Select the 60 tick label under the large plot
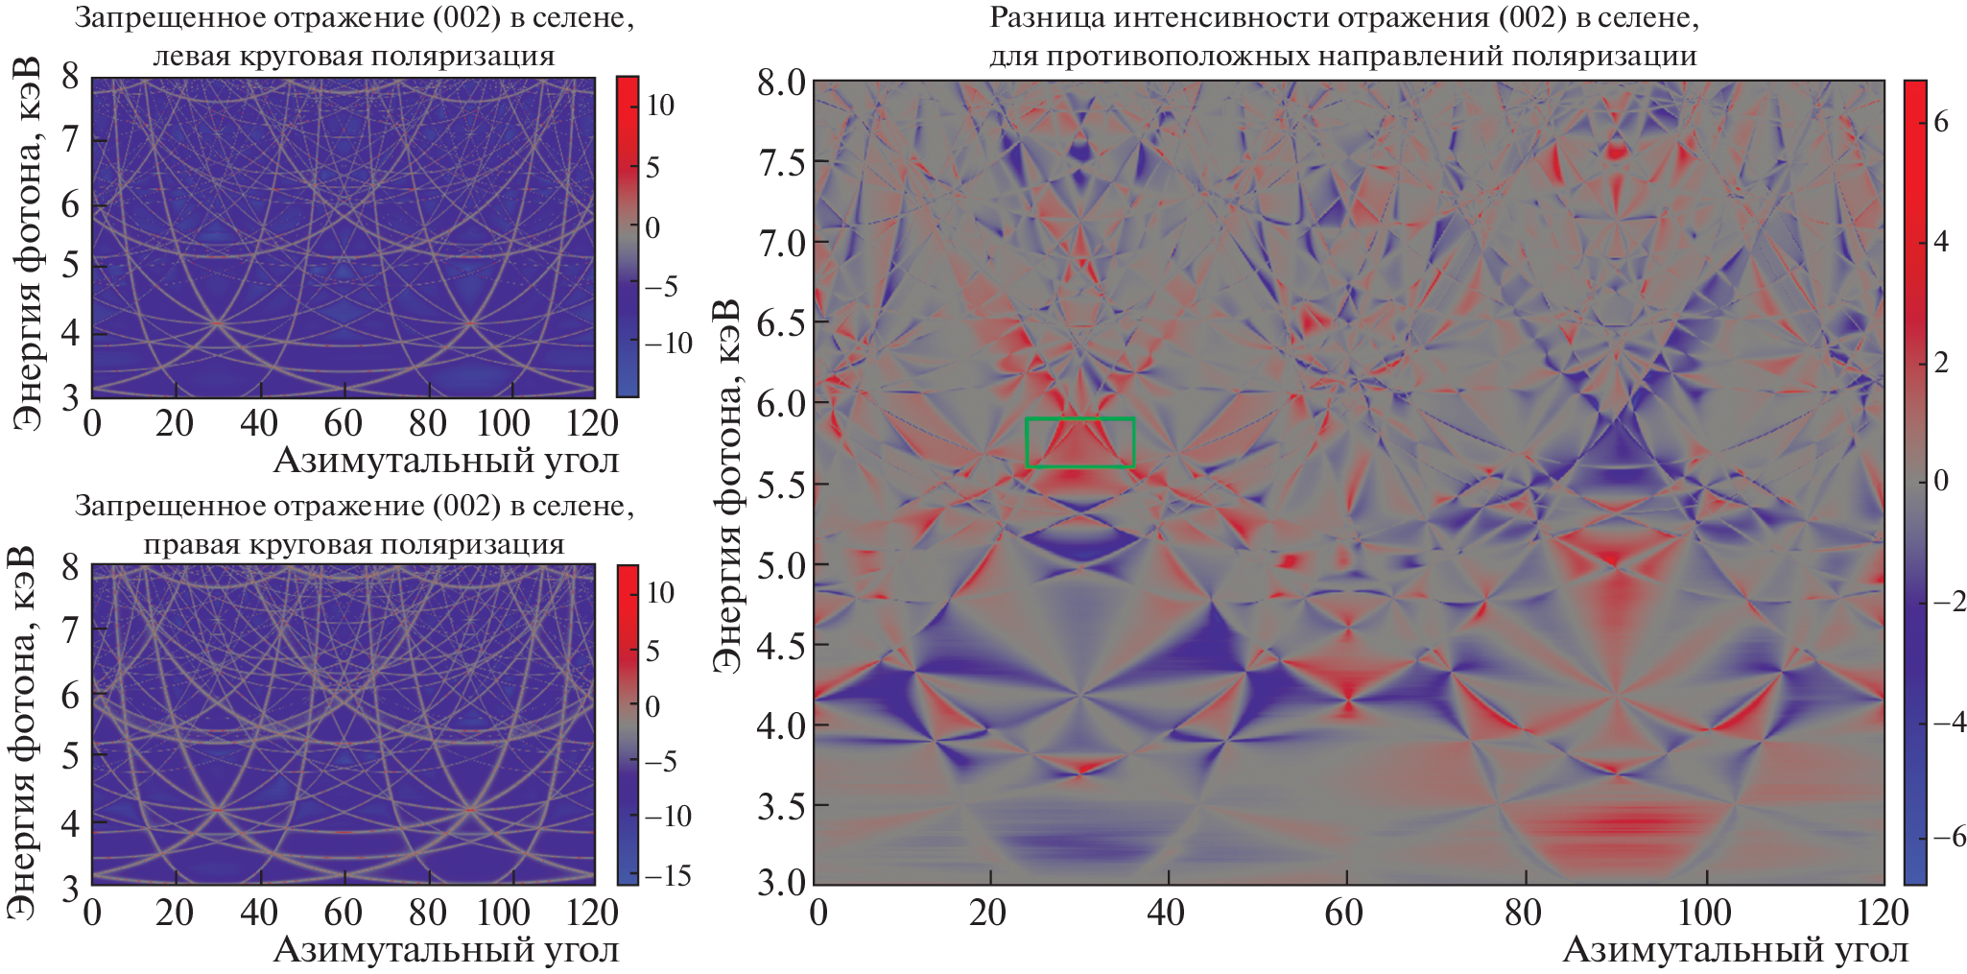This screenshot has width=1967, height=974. [x=1344, y=912]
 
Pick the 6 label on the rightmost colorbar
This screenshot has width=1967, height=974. [x=1940, y=122]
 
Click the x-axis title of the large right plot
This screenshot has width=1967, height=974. [x=1735, y=950]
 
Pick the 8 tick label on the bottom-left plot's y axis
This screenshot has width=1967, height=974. [x=71, y=566]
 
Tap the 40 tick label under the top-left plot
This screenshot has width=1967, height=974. [x=259, y=423]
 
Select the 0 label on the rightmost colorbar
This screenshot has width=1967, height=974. [x=1940, y=482]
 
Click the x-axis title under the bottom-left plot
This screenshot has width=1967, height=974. [x=446, y=950]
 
